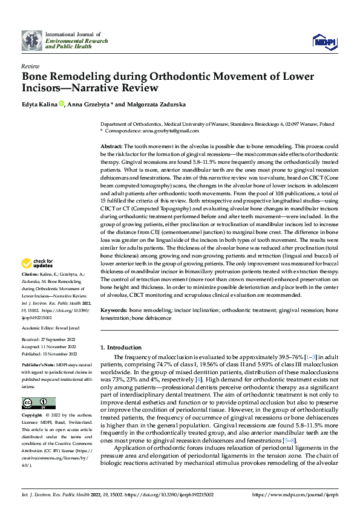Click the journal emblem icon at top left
click(x=32, y=40)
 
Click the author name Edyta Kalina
click(x=39, y=105)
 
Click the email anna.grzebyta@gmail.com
click(x=168, y=131)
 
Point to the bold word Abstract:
click(x=111, y=147)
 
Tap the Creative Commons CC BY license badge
click(x=39, y=403)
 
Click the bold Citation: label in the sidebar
click(x=31, y=290)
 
